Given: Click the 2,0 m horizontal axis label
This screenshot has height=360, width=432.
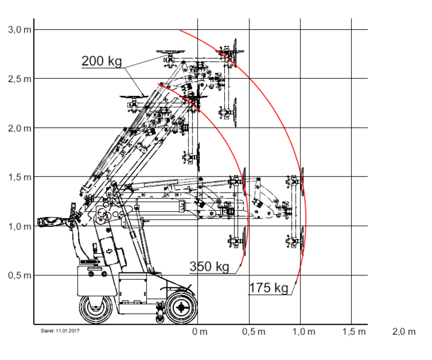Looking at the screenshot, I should point(404,332).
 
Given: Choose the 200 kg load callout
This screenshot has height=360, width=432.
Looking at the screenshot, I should point(102,61).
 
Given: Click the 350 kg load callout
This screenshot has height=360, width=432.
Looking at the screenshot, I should point(209,266).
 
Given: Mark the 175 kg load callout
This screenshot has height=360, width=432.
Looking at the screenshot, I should point(269,288).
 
